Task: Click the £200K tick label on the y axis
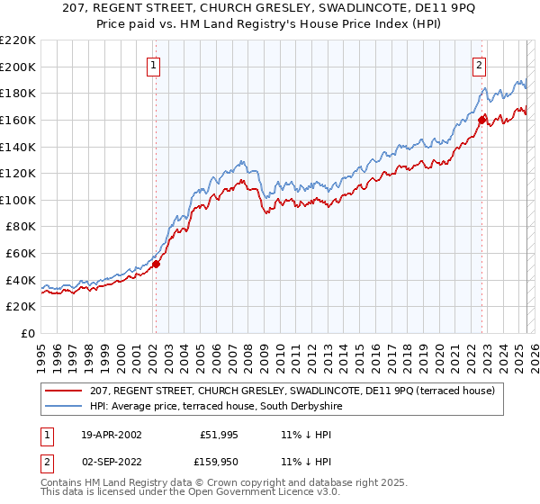click(18, 67)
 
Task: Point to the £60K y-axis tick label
click(21, 254)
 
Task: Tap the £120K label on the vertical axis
click(18, 174)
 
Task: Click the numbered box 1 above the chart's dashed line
click(155, 66)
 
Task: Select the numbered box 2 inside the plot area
click(480, 66)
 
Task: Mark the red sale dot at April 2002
click(156, 264)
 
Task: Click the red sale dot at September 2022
click(482, 120)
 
